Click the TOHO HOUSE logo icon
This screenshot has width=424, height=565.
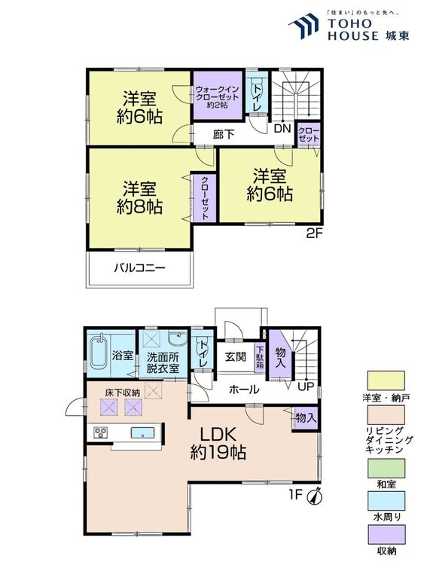pyautogui.click(x=304, y=26)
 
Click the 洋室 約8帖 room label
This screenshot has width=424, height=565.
pyautogui.click(x=139, y=198)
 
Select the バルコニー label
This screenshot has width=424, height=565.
pyautogui.click(x=140, y=268)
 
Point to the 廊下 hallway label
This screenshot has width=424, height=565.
pyautogui.click(x=224, y=134)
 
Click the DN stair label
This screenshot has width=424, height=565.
pyautogui.click(x=282, y=129)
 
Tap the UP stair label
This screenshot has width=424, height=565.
pyautogui.click(x=306, y=386)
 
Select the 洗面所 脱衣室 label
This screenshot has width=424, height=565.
pyautogui.click(x=163, y=363)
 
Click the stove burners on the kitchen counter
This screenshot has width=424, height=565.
pyautogui.click(x=99, y=432)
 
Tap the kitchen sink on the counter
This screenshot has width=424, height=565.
pyautogui.click(x=142, y=432)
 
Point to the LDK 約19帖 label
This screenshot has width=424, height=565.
pyautogui.click(x=218, y=444)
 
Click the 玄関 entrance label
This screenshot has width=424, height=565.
pyautogui.click(x=236, y=356)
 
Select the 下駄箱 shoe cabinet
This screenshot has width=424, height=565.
pyautogui.click(x=260, y=357)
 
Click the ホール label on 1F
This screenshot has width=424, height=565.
pyautogui.click(x=244, y=389)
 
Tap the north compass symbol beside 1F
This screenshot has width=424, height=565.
pyautogui.click(x=315, y=497)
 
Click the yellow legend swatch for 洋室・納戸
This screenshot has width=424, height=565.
pyautogui.click(x=386, y=380)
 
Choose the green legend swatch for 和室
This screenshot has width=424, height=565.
pyautogui.click(x=386, y=468)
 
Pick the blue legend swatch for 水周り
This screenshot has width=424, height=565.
pyautogui.click(x=386, y=500)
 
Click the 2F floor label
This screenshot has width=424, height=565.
pyautogui.click(x=314, y=234)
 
